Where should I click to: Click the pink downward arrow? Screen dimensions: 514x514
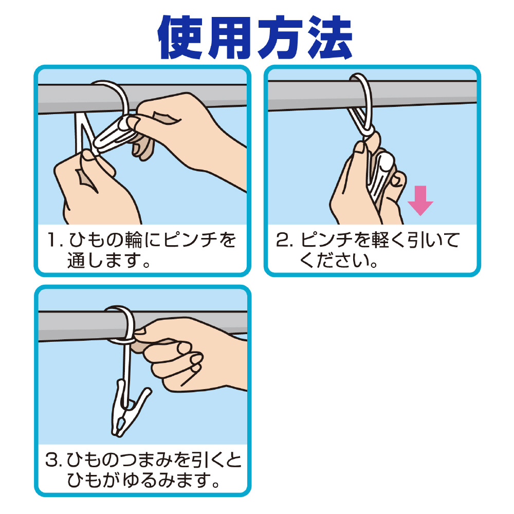pos(420,200)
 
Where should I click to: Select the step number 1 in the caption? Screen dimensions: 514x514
pos(53,240)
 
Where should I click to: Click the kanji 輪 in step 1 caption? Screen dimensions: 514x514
pos(134,240)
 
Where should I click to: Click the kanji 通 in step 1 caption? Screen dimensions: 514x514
pos(76,260)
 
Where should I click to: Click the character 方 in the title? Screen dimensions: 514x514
pos(281,38)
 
